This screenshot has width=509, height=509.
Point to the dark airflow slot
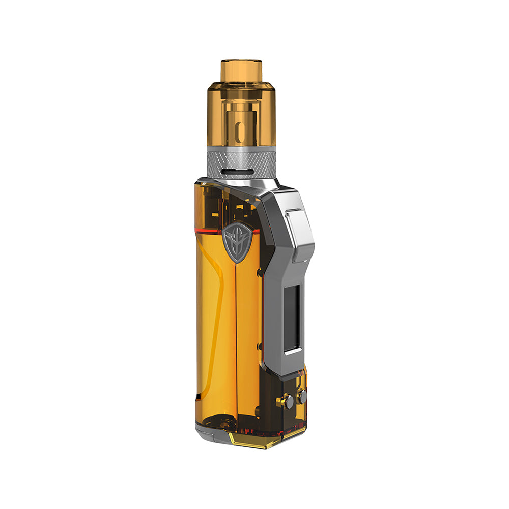coord(241,173)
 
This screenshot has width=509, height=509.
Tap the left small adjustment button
coord(289,402)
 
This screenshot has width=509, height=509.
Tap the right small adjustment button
coord(302,396)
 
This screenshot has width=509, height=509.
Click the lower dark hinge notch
coord(260,346)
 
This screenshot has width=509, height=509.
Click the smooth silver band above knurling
coord(241,149)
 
